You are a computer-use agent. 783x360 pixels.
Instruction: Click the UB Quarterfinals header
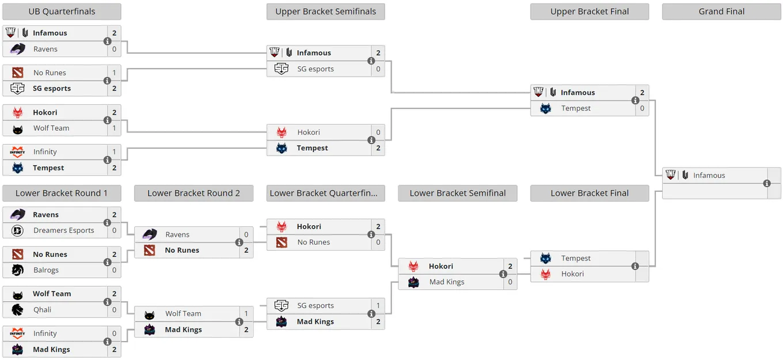(x=62, y=12)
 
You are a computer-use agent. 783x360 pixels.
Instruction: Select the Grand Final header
(x=721, y=12)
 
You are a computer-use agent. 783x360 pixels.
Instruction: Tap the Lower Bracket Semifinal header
(x=458, y=193)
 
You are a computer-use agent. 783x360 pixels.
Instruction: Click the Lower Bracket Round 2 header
(x=193, y=193)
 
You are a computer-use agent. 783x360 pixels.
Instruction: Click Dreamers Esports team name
(x=63, y=230)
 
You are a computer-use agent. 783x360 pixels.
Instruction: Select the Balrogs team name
(x=46, y=270)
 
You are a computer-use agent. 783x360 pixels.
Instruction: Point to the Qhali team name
(x=42, y=310)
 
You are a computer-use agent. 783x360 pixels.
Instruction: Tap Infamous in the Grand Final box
(x=709, y=175)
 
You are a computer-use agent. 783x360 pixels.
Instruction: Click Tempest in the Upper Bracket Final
(x=576, y=108)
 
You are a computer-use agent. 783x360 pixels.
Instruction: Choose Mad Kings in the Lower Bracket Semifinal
(x=447, y=282)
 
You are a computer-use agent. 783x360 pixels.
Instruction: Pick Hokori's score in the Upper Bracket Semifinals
(x=378, y=132)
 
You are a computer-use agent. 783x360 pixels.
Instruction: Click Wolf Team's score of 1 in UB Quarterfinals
(x=114, y=128)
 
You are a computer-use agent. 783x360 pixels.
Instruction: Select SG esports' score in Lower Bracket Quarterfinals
(x=378, y=305)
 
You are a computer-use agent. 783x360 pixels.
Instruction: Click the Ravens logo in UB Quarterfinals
(x=17, y=50)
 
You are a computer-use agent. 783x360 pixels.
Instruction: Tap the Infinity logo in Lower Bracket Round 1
(x=17, y=334)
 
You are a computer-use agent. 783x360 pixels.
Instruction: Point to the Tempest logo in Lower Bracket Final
(x=545, y=258)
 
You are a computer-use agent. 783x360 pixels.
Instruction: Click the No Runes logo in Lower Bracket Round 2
(x=150, y=250)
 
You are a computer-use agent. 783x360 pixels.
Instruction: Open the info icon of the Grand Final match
(x=767, y=183)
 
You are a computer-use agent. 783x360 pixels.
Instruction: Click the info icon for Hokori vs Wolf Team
(x=107, y=120)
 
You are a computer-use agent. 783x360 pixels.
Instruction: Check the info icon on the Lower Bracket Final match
(x=635, y=266)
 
